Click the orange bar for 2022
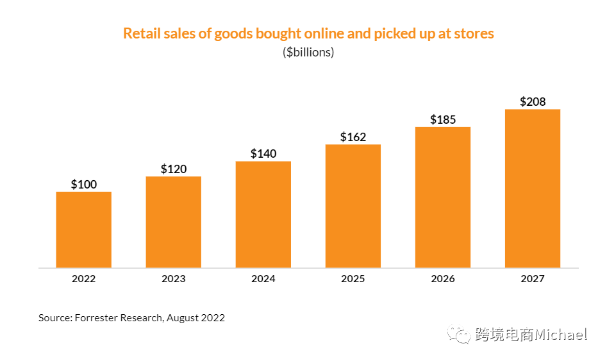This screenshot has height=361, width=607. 84,229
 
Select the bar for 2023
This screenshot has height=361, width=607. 174,221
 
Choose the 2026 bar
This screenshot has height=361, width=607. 443,197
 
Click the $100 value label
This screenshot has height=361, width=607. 84,185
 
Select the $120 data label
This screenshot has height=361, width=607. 174,169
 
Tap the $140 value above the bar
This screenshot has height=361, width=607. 263,154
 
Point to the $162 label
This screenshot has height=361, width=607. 353,137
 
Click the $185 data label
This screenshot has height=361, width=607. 443,120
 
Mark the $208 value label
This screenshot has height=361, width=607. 533,102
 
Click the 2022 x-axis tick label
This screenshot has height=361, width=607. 84,279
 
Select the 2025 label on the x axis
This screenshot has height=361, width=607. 353,279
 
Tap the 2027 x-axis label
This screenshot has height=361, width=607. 533,279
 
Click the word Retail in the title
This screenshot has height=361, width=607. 140,33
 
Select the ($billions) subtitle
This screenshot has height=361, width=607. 308,53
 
